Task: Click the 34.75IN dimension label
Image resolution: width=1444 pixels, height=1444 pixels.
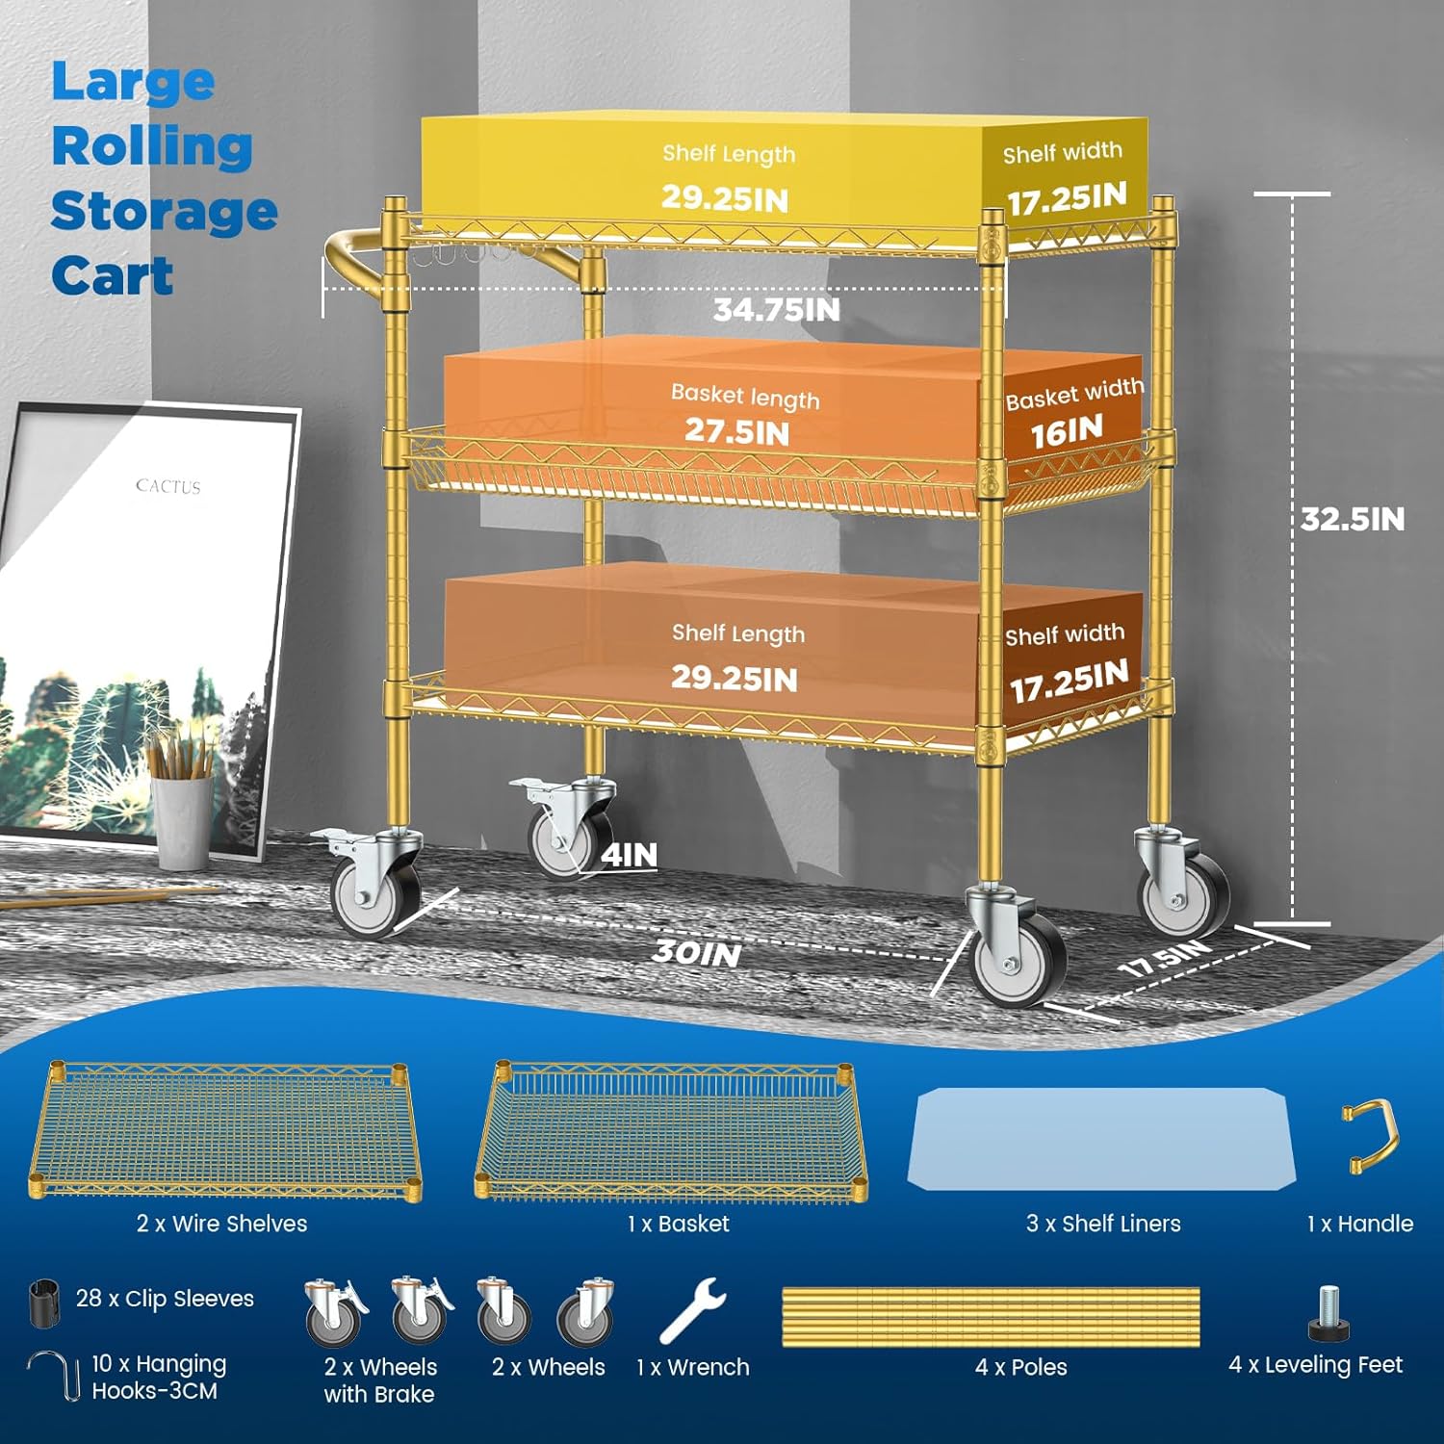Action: [776, 310]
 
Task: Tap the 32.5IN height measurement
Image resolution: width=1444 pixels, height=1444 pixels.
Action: [1352, 520]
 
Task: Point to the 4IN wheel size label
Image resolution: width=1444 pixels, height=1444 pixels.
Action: [630, 855]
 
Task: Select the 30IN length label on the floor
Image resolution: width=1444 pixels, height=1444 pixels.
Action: [697, 953]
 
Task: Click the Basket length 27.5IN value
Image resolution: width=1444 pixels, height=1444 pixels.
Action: [737, 432]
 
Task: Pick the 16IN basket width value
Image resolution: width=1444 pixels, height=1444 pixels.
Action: [1067, 432]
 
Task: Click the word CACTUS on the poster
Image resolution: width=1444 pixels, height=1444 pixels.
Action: [168, 486]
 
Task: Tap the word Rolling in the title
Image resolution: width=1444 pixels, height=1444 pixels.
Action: [152, 147]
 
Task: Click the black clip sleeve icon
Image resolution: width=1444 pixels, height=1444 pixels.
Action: [43, 1302]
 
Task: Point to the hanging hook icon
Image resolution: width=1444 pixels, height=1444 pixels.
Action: [54, 1377]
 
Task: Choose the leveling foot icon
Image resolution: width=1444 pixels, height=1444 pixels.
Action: [1329, 1314]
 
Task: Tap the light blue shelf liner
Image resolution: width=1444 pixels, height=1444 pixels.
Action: [1098, 1139]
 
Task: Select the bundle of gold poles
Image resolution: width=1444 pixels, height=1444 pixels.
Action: [991, 1317]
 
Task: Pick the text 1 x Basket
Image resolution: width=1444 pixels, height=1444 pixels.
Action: [678, 1224]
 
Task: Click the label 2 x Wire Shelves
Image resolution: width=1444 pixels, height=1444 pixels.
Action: [221, 1224]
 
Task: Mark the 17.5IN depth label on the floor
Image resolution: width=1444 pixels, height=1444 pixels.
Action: [1166, 959]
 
